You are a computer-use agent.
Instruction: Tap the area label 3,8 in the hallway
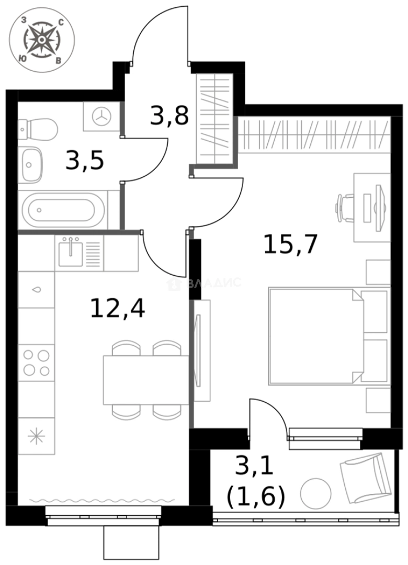click(169, 116)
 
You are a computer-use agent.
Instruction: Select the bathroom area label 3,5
click(84, 161)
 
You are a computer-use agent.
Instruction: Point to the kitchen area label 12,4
click(117, 308)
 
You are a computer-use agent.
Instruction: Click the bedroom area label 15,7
click(290, 244)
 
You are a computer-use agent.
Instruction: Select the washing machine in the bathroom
click(101, 117)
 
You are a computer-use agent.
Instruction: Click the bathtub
click(62, 210)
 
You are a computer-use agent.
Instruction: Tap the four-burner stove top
click(36, 363)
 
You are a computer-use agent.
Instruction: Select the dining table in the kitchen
click(145, 380)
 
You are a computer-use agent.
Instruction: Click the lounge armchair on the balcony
click(366, 477)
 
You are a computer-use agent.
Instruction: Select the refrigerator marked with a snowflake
click(36, 436)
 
